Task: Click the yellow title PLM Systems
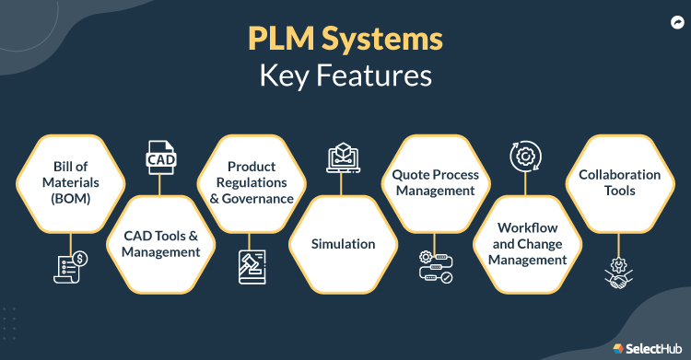[345, 40]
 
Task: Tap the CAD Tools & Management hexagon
[161, 245]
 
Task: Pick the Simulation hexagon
[343, 245]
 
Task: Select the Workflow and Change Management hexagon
[526, 245]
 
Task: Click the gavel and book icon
[252, 269]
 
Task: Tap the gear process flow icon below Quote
[433, 269]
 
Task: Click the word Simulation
[343, 245]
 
